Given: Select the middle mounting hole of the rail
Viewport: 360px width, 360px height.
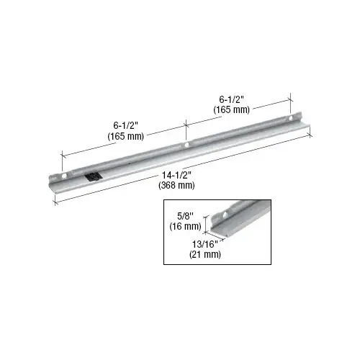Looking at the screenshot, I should pyautogui.click(x=186, y=145).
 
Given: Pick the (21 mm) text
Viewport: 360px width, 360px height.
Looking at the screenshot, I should pyautogui.click(x=205, y=254).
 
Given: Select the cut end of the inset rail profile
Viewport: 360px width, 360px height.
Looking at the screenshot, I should pyautogui.click(x=217, y=228).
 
